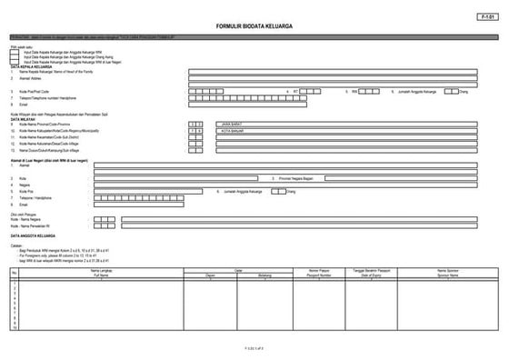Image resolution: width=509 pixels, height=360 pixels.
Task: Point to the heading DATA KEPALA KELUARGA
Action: click(32, 65)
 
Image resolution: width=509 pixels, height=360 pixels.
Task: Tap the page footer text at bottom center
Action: click(254, 348)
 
